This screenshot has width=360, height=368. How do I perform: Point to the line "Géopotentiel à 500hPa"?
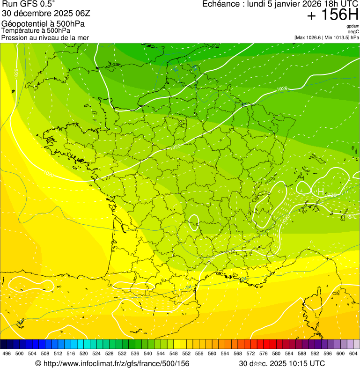coord(43,24)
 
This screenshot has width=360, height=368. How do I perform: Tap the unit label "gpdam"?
coord(353,26)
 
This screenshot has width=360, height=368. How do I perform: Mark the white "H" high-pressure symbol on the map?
coord(321,191)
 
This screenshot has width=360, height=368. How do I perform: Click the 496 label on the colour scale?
coord(7,354)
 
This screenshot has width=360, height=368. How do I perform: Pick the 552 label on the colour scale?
coord(186,354)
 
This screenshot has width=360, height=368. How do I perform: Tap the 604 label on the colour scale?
coord(353,354)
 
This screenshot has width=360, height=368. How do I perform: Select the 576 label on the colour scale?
coord(264,354)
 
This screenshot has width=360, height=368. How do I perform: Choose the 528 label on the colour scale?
coord(109,354)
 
